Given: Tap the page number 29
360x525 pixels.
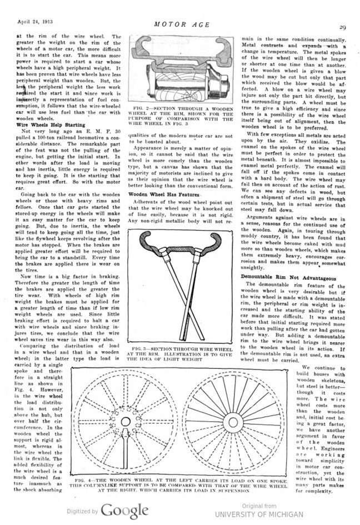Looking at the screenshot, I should [x=343, y=25].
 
